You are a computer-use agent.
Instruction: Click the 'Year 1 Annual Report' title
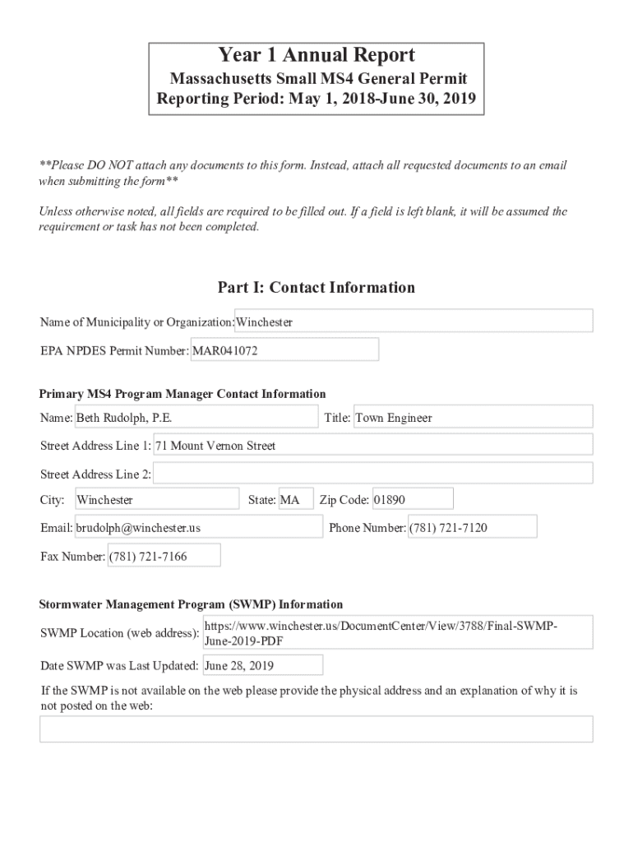pos(316,56)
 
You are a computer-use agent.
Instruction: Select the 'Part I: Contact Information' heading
pos(316,287)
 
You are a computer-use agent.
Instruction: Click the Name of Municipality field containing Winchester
pos(414,322)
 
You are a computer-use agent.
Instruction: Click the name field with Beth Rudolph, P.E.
pos(196,418)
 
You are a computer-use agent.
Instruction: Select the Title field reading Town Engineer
pos(472,418)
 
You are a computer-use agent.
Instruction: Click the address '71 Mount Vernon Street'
pos(372,446)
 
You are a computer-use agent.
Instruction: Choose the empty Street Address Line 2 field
pos(372,474)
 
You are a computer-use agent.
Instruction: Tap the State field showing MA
pos(295,500)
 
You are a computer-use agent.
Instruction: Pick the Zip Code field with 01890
pos(412,500)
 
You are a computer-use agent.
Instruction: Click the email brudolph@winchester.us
pos(198,528)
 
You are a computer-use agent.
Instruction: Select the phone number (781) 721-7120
pos(472,528)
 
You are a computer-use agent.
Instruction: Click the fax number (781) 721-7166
pos(164,557)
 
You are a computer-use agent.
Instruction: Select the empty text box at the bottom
pos(316,729)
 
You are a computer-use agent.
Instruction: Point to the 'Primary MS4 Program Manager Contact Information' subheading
pos(183,394)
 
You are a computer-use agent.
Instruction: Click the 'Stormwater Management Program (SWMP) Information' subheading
pos(191,604)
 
